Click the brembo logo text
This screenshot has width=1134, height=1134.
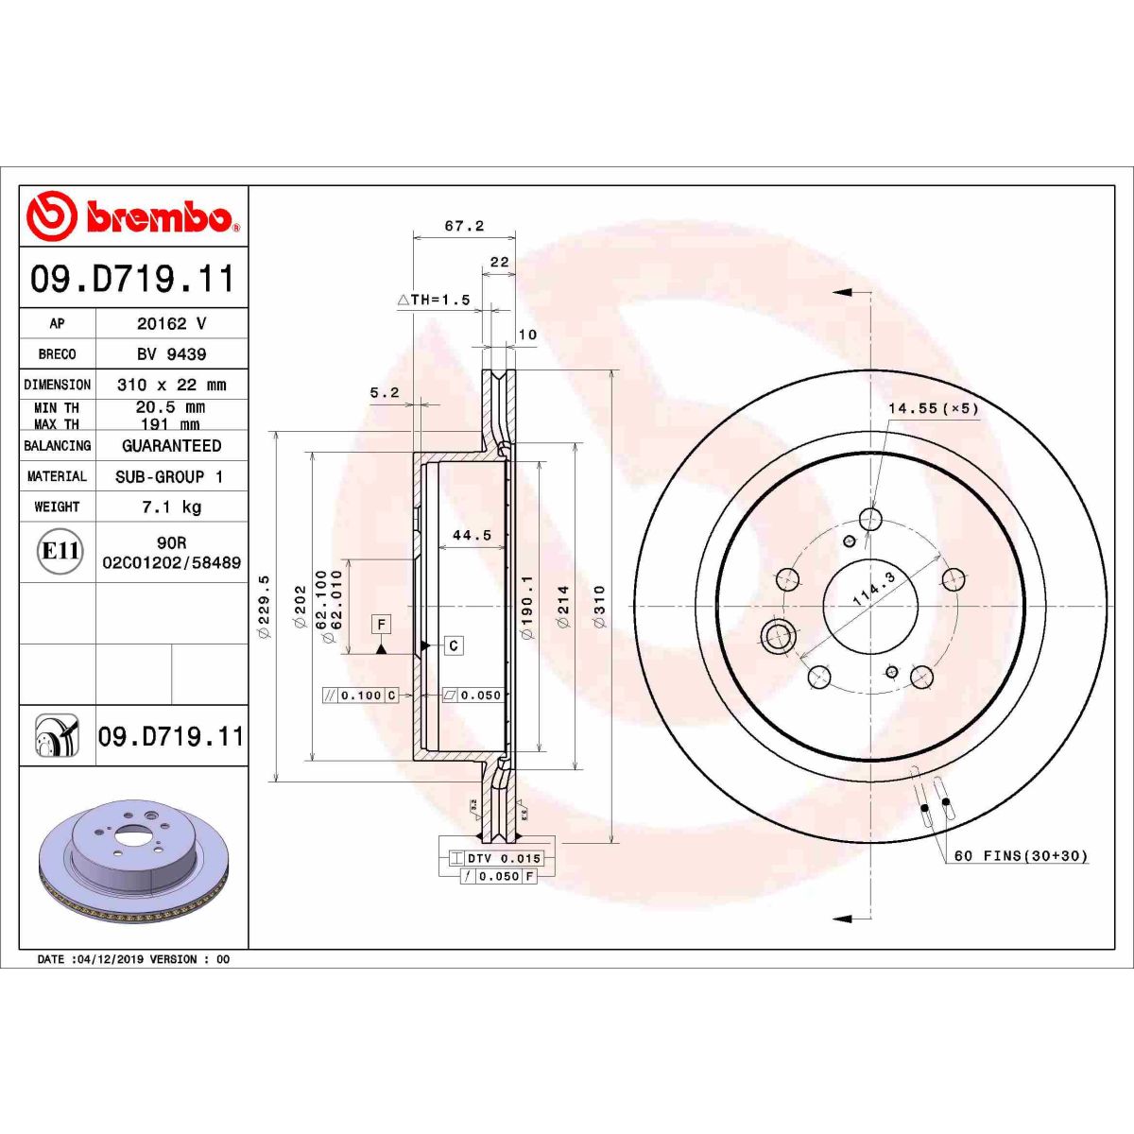point(159,217)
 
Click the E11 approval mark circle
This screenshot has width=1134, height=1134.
point(60,551)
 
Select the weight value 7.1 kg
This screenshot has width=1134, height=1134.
point(171,507)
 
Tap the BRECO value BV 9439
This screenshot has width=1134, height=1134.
point(171,354)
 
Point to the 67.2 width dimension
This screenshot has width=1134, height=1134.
point(464,226)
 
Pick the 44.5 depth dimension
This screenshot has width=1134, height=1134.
point(472,536)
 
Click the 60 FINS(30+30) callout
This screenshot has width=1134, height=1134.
point(1021,856)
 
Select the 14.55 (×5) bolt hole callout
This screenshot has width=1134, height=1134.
point(933,408)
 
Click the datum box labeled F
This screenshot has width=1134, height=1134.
point(381,625)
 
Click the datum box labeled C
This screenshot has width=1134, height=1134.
point(454,645)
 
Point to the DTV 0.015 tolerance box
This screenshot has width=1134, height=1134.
point(504,858)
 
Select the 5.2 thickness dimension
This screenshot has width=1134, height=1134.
point(385,393)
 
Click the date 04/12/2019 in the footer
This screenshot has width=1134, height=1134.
point(107,959)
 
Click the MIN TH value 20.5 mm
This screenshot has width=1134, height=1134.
point(171,407)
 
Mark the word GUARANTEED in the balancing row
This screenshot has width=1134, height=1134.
point(171,446)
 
